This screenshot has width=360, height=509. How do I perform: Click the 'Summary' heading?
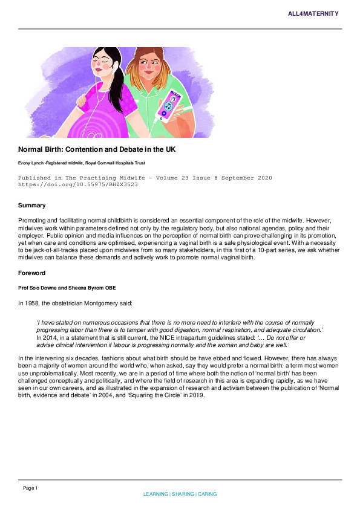click(32, 206)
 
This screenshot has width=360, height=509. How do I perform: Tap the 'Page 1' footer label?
click(30, 488)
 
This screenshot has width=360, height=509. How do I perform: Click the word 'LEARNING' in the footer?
click(156, 494)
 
